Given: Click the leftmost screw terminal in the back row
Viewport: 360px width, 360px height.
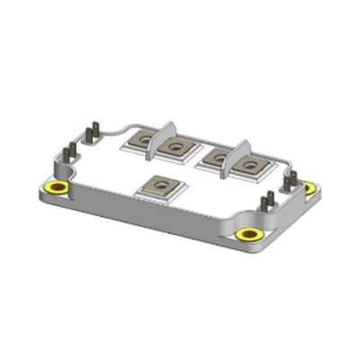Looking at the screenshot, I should click(143, 141).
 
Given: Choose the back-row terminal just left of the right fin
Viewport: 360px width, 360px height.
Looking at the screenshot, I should click(216, 157).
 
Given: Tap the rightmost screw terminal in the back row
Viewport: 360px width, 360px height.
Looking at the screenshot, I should click(252, 165).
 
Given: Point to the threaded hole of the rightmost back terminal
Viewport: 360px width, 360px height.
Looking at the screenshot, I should click(252, 165).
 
